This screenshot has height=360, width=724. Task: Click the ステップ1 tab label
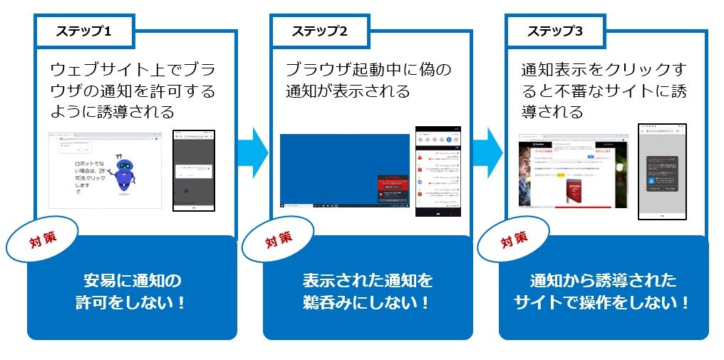(x=84, y=31)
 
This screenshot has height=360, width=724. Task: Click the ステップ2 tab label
(x=319, y=31)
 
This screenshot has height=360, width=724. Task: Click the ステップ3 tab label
(x=555, y=31)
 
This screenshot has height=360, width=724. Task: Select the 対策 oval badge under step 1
(x=42, y=241)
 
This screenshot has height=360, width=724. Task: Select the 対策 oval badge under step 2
(x=278, y=240)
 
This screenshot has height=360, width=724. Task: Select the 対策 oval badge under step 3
(x=513, y=241)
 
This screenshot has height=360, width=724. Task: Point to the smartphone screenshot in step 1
(x=194, y=170)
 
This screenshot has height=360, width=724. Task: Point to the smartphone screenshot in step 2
(x=438, y=171)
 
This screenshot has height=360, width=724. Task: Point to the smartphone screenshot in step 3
(x=662, y=171)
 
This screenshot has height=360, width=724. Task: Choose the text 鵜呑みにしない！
(x=368, y=302)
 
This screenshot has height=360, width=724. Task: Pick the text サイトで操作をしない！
(x=602, y=302)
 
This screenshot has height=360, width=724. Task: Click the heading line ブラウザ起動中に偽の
(x=368, y=70)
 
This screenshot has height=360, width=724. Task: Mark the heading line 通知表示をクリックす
(x=603, y=70)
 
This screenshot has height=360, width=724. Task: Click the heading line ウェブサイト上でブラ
(x=133, y=70)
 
